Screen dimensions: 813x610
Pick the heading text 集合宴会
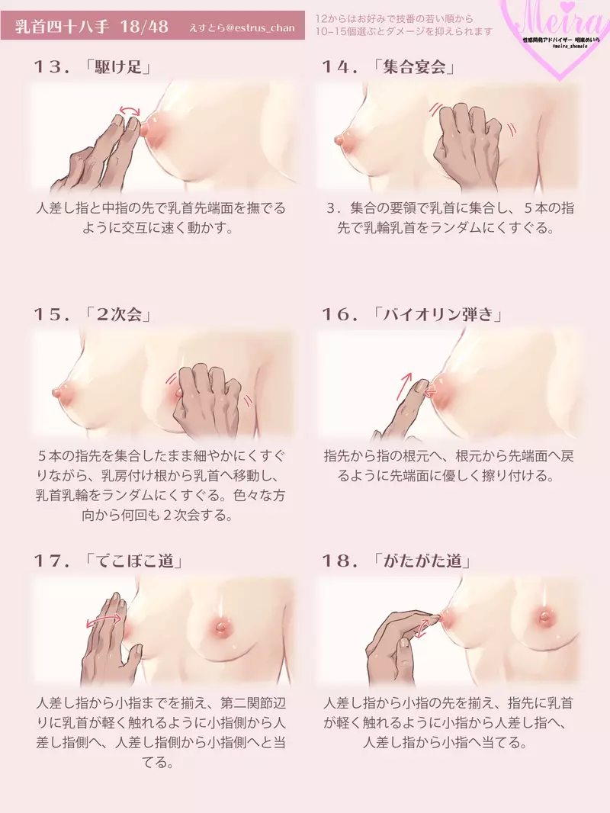[416, 67]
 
